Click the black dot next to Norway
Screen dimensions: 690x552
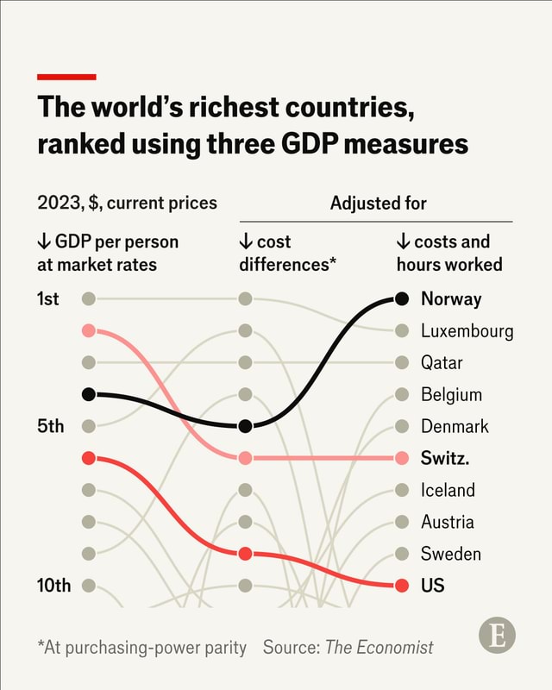401,299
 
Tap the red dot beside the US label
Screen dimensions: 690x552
401,586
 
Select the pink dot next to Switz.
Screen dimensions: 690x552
401,458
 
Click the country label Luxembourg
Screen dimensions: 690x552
467,331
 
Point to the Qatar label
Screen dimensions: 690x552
442,363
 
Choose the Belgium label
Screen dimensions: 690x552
451,395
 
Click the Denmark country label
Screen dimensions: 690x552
455,426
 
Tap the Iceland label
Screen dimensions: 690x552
448,490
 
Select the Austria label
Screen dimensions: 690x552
447,522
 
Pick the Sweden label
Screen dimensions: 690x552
450,554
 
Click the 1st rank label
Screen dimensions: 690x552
48,299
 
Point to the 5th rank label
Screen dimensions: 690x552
49,426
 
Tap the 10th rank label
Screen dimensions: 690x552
53,586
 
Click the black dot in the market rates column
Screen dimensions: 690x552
88,394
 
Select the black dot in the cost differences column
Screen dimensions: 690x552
245,426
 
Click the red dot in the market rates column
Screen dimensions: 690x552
88,458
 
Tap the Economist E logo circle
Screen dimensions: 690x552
497,637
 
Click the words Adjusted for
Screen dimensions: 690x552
378,204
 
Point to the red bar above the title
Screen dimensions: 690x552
66,77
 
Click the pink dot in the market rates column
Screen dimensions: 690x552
88,331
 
